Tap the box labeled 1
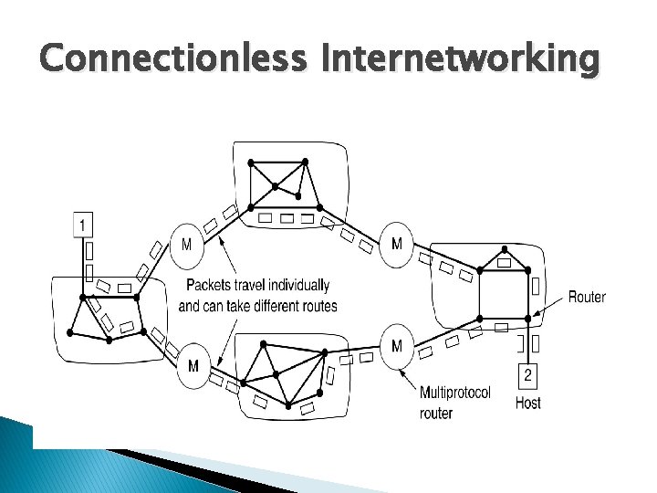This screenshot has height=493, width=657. pos(83,224)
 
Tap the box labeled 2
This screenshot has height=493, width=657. pos(528,375)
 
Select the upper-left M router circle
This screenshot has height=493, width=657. pos(186,245)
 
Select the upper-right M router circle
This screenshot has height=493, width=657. pos(396,244)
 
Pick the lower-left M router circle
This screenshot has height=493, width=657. pos(193,366)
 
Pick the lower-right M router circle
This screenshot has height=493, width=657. pos(396,346)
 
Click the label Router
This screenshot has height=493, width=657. pos(587,297)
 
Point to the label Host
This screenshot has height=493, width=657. pos(528,403)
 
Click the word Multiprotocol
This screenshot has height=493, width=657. pos(455,393)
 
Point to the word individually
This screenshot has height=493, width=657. pos(297,285)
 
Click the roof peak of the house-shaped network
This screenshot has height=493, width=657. pos(504,247)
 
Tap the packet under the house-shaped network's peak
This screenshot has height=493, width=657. pos(504,263)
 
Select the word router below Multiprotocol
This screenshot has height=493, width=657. pos(436,414)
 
